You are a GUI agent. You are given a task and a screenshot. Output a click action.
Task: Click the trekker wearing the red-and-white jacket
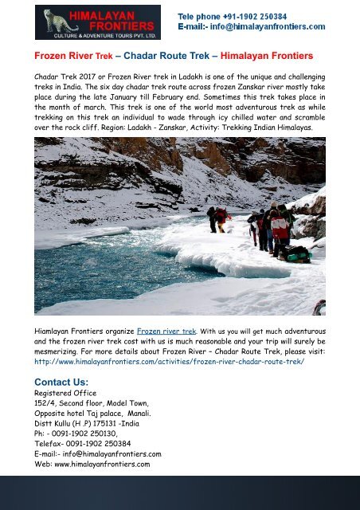point(280,228)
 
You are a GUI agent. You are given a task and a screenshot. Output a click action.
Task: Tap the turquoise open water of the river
point(104,263)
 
